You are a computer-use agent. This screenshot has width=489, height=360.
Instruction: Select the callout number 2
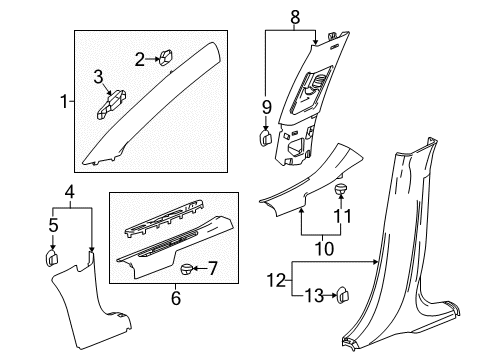click(141, 59)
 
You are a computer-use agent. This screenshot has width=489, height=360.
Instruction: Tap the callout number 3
click(99, 76)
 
